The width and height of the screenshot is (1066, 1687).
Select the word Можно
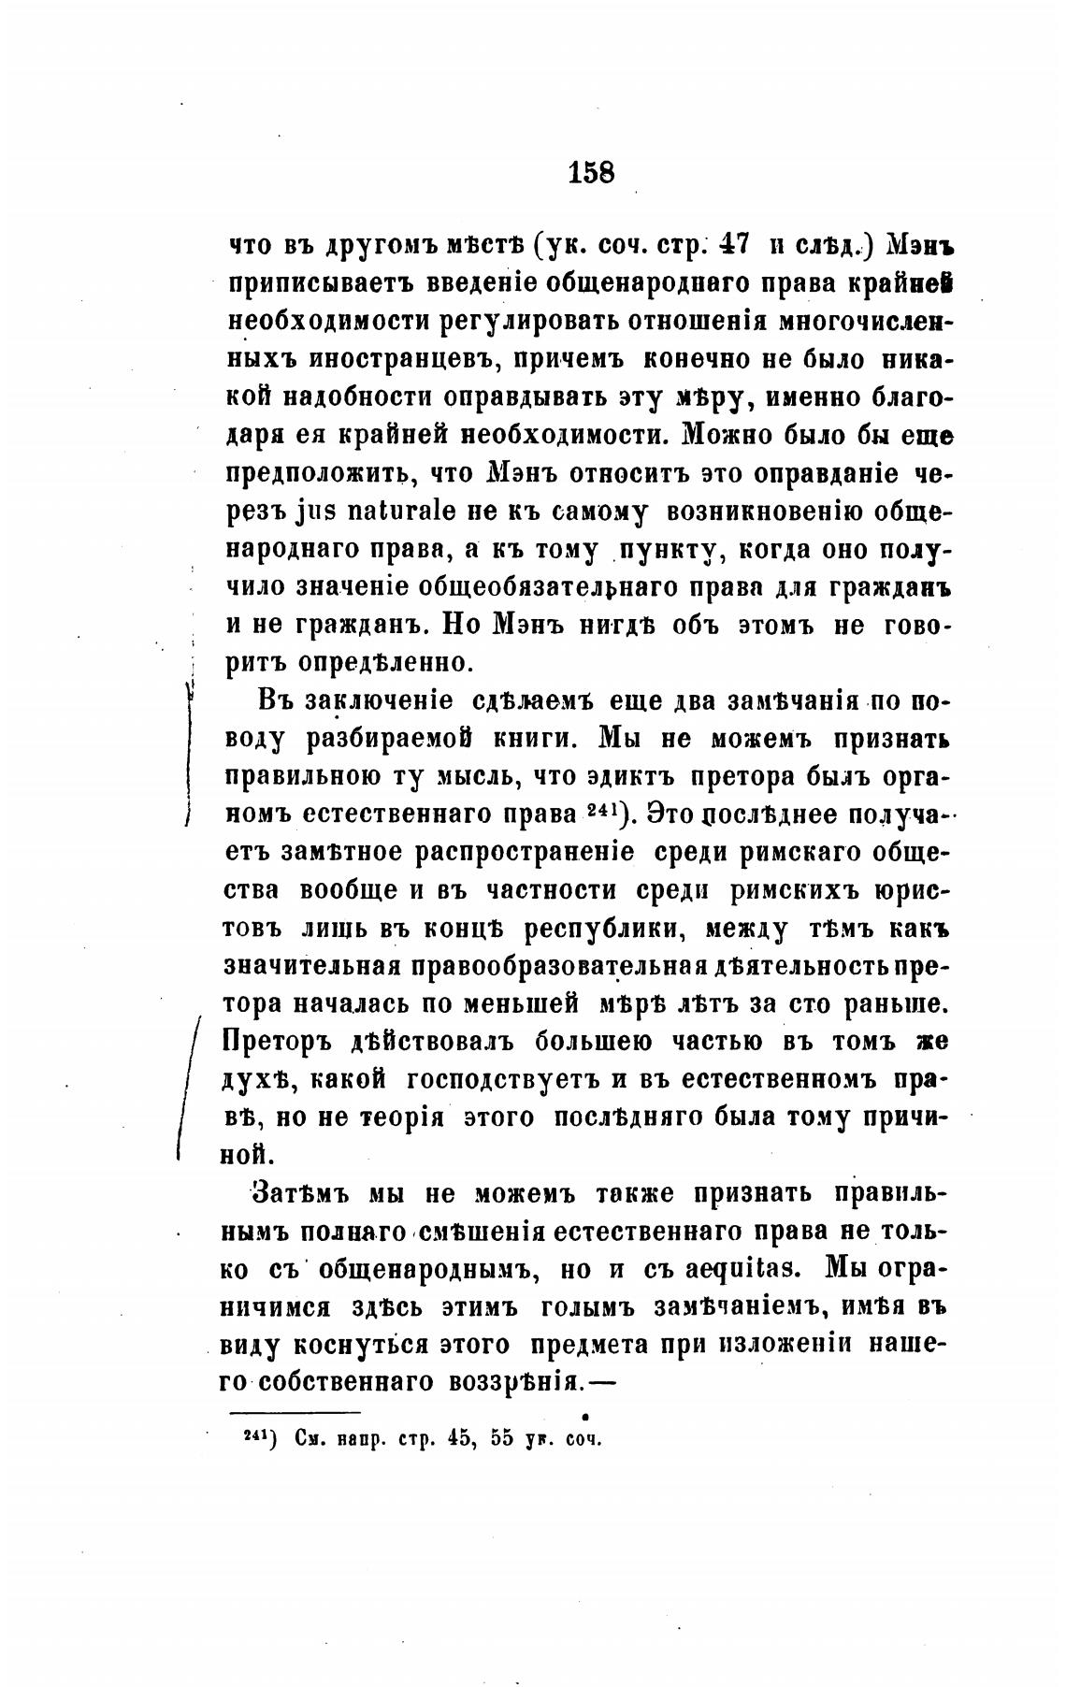pos(739,435)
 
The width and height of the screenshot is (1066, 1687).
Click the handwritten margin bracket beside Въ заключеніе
pos(189,756)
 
